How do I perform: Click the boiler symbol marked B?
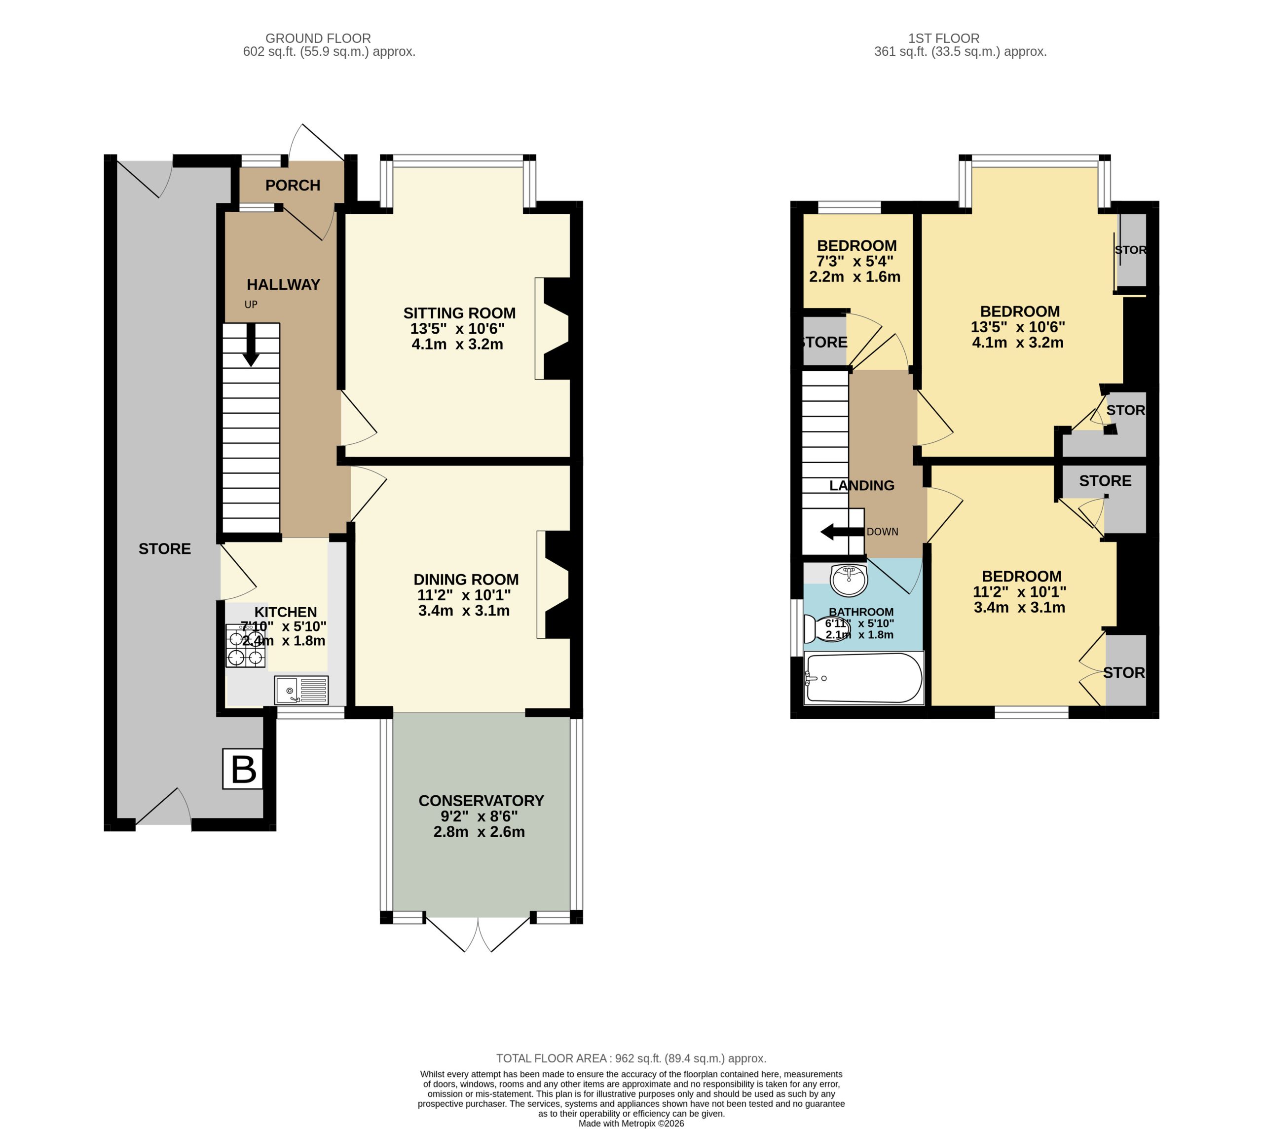(243, 769)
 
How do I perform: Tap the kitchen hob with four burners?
(246, 646)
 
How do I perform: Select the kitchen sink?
(301, 690)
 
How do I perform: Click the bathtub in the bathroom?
(863, 677)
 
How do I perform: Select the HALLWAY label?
(283, 284)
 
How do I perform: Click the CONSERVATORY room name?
(481, 800)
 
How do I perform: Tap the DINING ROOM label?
(466, 580)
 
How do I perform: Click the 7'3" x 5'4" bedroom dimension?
(855, 261)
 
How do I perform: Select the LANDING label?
(862, 485)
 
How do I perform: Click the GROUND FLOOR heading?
(318, 39)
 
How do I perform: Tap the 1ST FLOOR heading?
(944, 39)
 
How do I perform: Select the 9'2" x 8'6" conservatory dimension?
(479, 817)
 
